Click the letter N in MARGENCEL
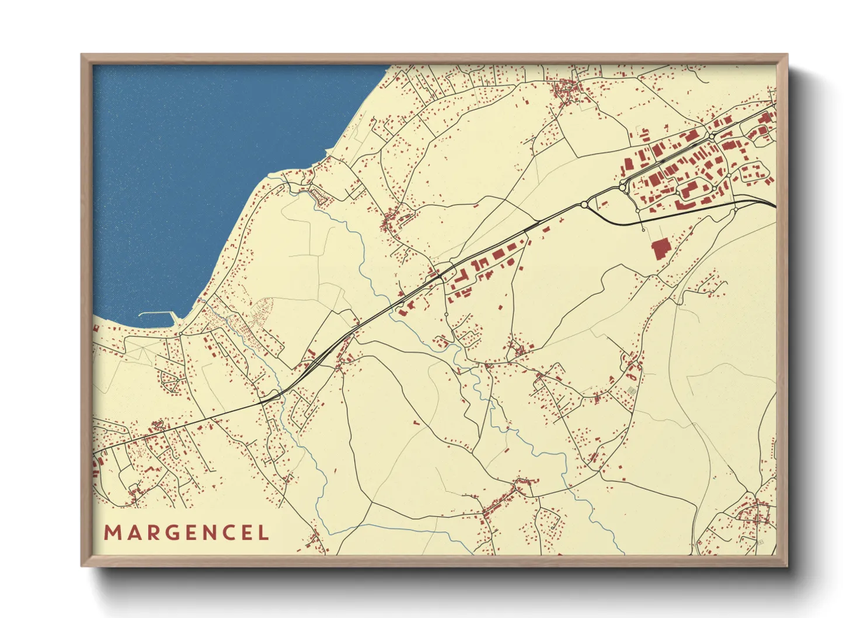(x=207, y=533)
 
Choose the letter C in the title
(x=228, y=533)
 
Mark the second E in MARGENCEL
(x=246, y=533)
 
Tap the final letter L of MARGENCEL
(x=263, y=533)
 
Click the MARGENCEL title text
(x=187, y=533)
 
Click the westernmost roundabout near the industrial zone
(x=584, y=204)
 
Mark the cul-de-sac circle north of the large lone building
(x=643, y=230)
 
